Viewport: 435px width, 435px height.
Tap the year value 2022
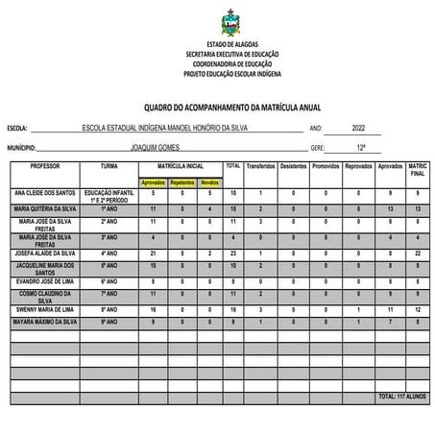(359, 128)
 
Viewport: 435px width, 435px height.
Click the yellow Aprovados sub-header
(154, 181)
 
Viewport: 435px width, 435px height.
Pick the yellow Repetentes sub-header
(181, 181)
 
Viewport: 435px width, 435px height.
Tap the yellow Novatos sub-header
(209, 181)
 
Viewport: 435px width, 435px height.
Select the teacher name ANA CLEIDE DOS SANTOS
(44, 193)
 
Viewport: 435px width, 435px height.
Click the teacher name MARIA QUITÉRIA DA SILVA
(44, 207)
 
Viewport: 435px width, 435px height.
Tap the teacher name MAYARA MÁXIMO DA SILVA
(44, 322)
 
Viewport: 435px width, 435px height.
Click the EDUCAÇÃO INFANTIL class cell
(109, 195)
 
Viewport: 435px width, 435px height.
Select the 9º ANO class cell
(109, 322)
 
